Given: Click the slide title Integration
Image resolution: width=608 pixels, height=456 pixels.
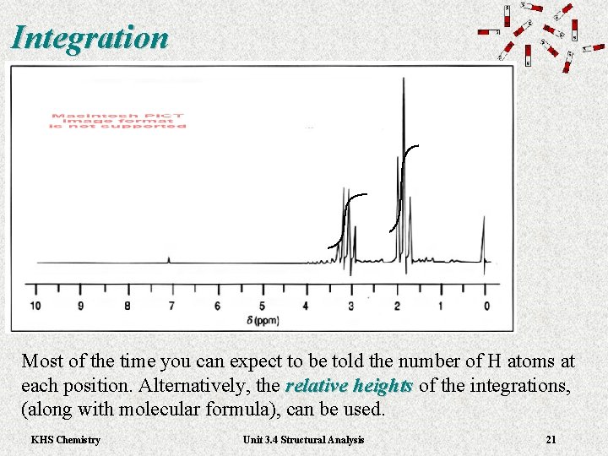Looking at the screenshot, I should coord(90,37).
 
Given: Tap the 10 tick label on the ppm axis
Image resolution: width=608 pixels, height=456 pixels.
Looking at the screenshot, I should coord(35,305).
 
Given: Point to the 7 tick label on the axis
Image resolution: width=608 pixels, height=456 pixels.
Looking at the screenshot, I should coord(171,305).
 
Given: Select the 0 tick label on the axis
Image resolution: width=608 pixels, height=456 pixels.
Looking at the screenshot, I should coord(486,305).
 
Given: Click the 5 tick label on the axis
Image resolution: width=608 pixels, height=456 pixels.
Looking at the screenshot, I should coord(262,305).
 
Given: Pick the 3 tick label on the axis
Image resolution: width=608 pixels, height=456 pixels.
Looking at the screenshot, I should coord(350,305).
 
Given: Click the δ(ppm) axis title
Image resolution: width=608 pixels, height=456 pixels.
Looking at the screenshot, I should coord(263,320).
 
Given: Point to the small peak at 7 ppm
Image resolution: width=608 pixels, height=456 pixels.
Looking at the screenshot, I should coord(169,259).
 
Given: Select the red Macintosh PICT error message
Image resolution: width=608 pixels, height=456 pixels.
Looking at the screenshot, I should coord(118,121).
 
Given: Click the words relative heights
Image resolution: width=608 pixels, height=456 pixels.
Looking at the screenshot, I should coord(349,386).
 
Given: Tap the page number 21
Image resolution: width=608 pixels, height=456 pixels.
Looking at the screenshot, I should coord(551,439).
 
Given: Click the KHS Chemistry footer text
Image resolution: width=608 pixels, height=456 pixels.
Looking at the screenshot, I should coord(65,439).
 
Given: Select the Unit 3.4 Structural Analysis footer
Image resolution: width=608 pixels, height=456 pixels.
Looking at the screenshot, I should coord(303,439).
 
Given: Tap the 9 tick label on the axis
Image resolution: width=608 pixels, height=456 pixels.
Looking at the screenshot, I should coord(81,305).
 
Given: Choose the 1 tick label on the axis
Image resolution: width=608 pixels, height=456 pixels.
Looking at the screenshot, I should coord(441,305).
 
